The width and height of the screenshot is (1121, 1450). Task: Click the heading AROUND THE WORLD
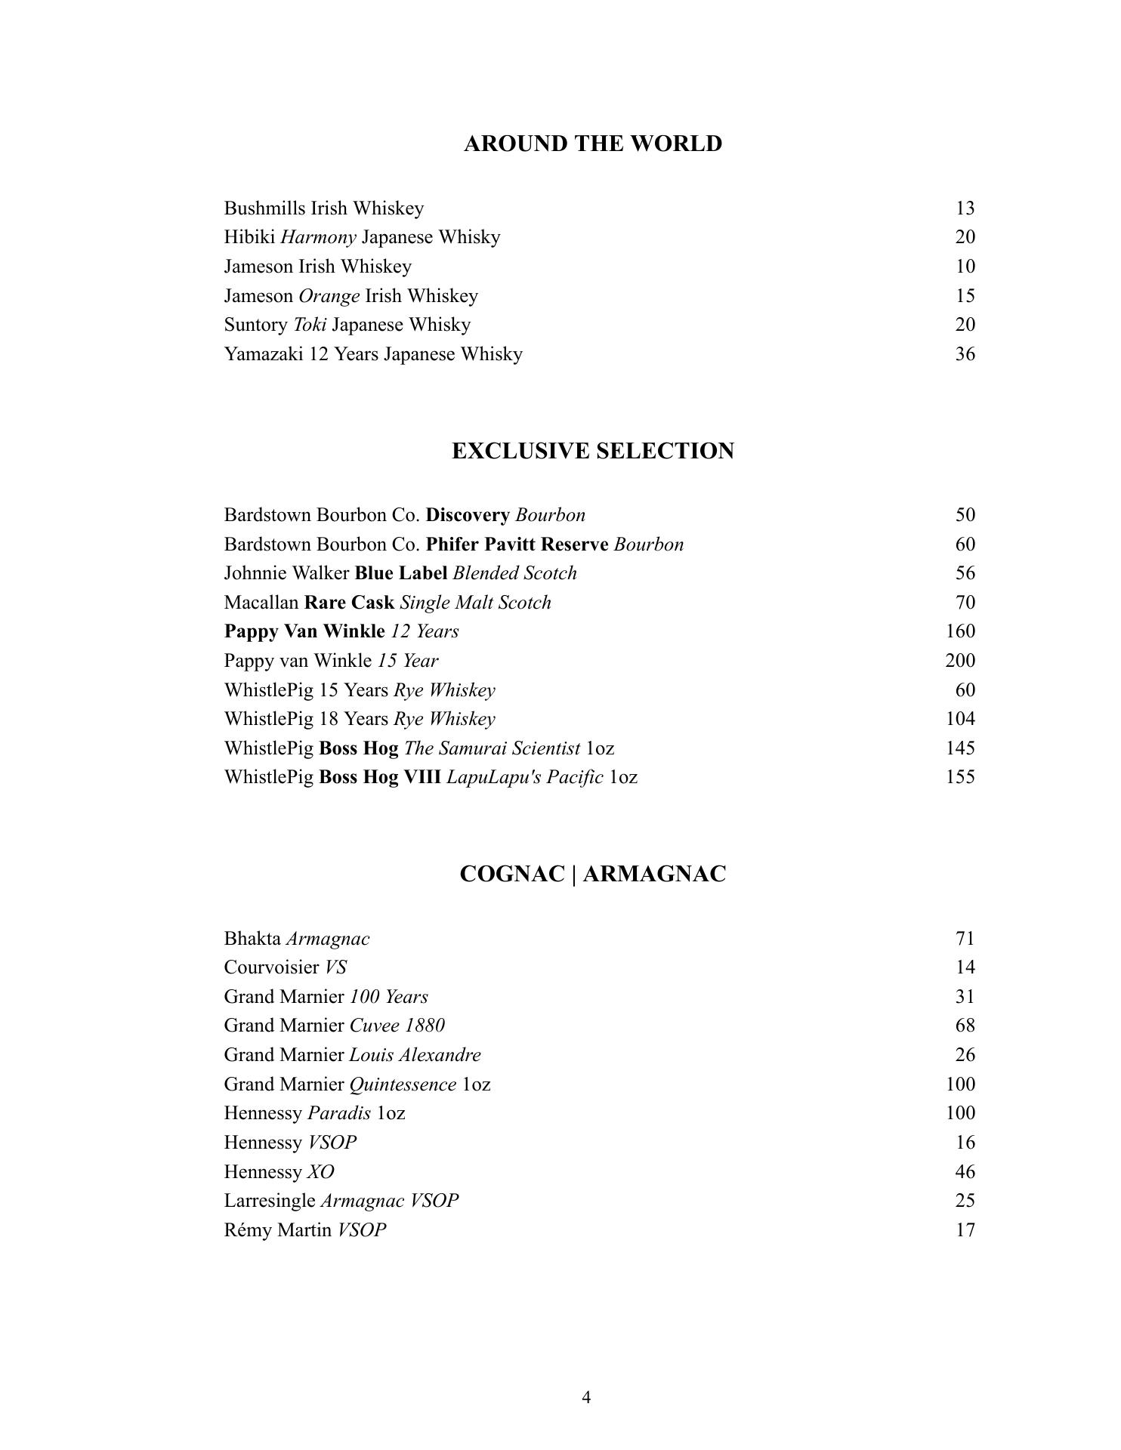(592, 143)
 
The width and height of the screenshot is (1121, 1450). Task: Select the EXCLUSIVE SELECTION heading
(592, 451)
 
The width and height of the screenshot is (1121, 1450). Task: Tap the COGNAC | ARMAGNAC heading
(592, 874)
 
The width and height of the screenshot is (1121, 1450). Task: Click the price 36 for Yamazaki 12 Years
(965, 354)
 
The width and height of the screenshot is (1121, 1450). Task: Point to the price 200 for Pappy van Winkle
(959, 661)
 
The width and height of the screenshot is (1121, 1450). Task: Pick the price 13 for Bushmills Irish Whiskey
(965, 208)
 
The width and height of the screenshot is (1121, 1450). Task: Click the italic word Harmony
(318, 238)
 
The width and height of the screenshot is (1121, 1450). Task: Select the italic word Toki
(310, 325)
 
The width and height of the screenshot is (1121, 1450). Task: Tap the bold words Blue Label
(401, 573)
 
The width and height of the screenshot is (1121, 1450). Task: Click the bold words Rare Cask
(349, 603)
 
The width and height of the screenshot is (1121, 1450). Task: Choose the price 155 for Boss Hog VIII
(959, 777)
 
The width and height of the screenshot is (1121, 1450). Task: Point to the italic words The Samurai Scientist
(492, 748)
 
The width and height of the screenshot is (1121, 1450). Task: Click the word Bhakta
(252, 939)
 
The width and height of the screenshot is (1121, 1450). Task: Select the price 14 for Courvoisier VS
(965, 967)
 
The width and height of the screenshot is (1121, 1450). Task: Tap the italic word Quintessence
(403, 1084)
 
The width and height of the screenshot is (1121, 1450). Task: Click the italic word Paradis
(339, 1113)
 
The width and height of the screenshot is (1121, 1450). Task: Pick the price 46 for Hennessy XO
(965, 1172)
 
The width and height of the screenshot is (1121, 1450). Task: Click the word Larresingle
(270, 1201)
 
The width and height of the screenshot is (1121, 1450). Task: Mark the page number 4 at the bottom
(586, 1397)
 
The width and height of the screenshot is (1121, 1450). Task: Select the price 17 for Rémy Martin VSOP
(965, 1230)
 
